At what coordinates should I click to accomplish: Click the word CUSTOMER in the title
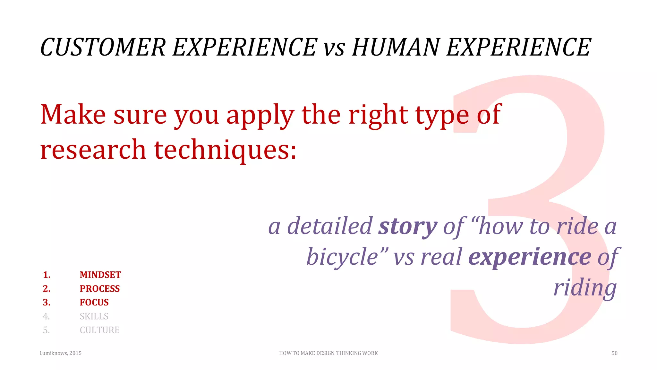(103, 47)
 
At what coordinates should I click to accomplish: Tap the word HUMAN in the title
(396, 47)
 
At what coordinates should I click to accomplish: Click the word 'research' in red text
(93, 150)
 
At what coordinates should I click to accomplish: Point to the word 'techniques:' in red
(225, 150)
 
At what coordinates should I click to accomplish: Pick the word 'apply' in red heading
(260, 116)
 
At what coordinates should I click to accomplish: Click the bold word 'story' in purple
(408, 227)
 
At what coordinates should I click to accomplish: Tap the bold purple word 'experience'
(530, 257)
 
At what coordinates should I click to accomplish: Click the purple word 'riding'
(585, 288)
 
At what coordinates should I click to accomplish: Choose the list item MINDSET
(100, 275)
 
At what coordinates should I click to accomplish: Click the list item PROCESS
(100, 289)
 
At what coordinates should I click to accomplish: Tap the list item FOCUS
(94, 303)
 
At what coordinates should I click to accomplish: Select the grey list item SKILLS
(94, 316)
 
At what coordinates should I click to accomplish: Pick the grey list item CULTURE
(100, 330)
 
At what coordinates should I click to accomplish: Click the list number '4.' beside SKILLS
(47, 316)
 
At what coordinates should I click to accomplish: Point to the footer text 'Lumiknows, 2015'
(60, 353)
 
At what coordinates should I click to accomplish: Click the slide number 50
(614, 353)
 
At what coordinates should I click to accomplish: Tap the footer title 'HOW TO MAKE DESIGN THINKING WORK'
(328, 353)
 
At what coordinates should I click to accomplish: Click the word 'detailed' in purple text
(329, 226)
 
